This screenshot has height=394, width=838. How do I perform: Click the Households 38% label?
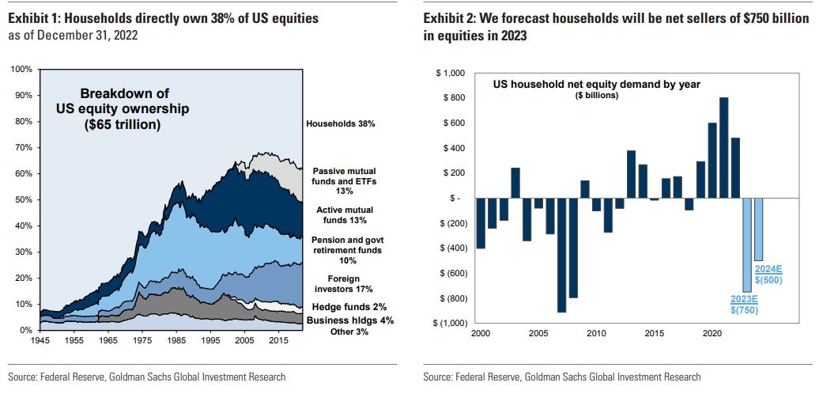point(339,124)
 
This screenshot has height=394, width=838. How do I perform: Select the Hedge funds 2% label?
point(348,306)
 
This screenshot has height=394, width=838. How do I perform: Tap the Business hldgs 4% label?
point(349,320)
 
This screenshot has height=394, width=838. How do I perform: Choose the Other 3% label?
point(348,331)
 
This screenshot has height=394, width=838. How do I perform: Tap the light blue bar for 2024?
point(758,229)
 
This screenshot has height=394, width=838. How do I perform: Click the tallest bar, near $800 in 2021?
point(723,147)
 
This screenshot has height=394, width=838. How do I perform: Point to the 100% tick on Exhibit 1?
point(22,70)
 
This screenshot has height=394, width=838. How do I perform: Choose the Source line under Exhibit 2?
point(561,377)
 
